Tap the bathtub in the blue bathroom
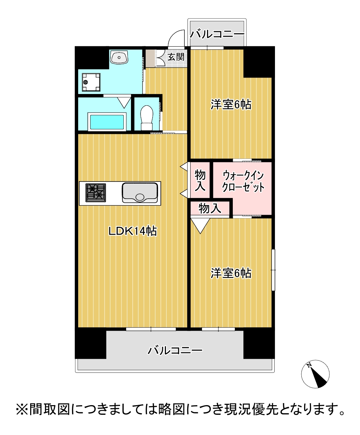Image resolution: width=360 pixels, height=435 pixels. coord(106,122)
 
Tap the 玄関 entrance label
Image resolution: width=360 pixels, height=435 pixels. coord(176,57)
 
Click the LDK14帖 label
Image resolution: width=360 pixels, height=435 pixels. coord(132,231)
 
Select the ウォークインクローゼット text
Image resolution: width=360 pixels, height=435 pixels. coord(243,182)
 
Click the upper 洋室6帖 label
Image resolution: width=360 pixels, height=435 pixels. coord(231,104)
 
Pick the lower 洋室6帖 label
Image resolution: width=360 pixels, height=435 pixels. coord(231,273)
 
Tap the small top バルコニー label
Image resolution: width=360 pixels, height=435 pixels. coord(217,34)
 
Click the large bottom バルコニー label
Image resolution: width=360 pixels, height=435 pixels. coord(175,350)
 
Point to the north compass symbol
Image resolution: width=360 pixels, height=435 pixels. coord(315,374)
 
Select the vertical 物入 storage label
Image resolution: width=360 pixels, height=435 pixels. coord(200,180)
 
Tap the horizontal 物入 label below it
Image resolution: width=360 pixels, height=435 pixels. coord(209,208)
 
